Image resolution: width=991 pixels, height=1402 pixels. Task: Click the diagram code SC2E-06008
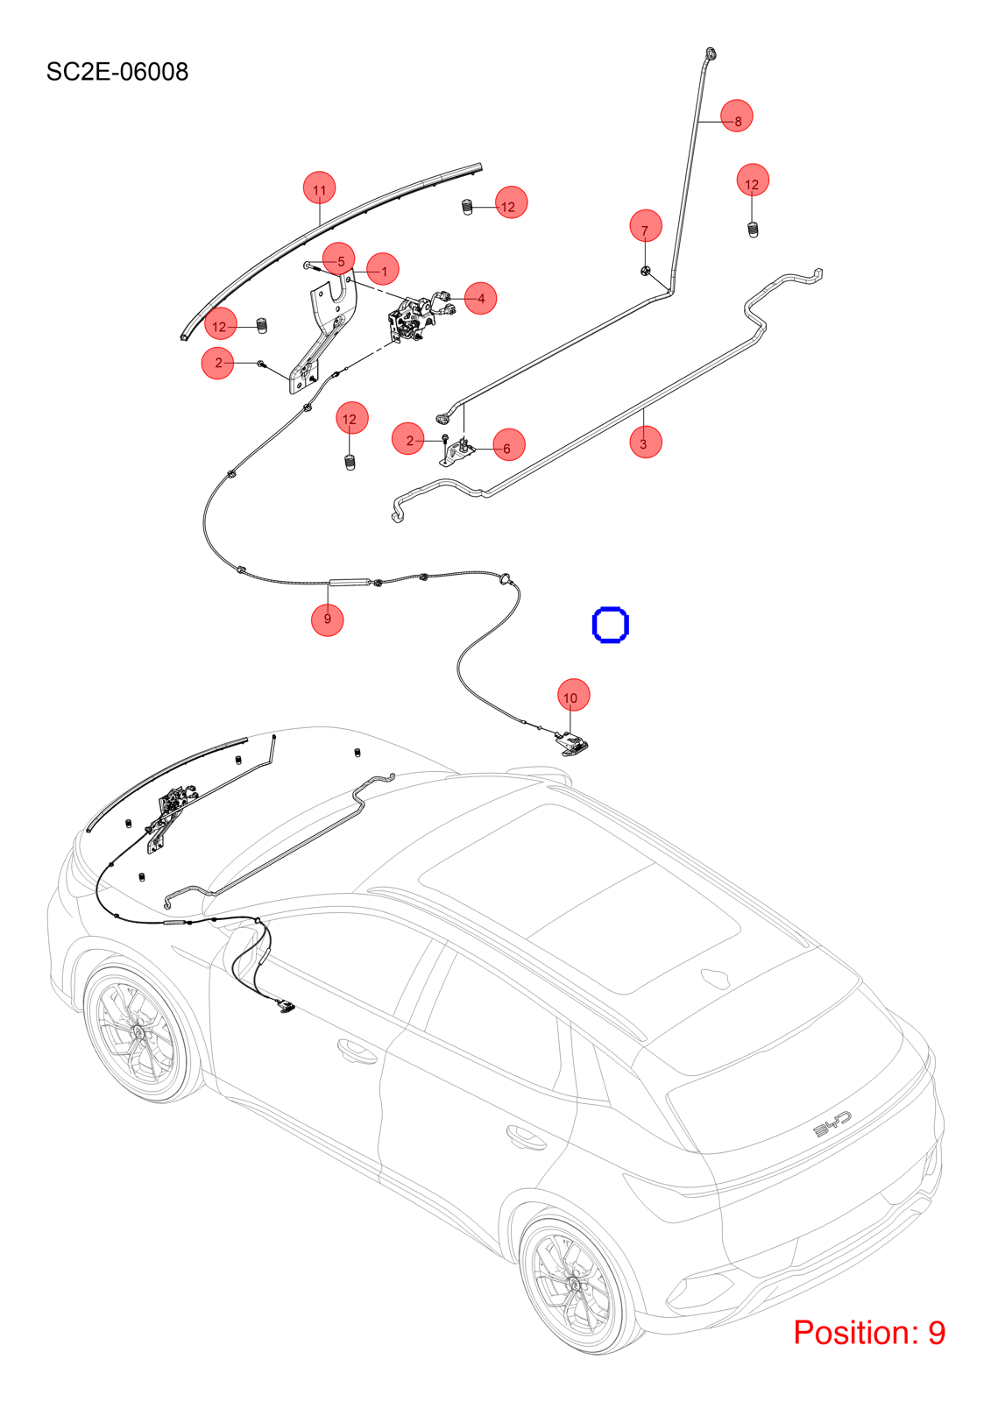[x=117, y=72]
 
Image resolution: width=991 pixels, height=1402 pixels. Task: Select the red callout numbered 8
[x=736, y=116]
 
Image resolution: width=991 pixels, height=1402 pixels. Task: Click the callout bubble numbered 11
[x=319, y=188]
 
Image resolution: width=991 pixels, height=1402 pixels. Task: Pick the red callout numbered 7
[x=646, y=226]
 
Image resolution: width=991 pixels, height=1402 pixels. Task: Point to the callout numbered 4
[x=480, y=298]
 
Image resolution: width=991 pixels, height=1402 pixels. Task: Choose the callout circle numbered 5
[x=339, y=258]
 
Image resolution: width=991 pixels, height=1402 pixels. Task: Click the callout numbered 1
[x=383, y=269]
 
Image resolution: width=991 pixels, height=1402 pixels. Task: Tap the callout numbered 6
[x=508, y=444]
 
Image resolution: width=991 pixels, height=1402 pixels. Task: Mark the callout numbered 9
[x=328, y=620]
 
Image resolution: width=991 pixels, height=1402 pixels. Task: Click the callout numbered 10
[x=573, y=695]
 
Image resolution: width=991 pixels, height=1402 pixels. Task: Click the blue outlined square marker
[x=611, y=624]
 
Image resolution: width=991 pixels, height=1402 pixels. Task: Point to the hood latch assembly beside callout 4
[x=412, y=318]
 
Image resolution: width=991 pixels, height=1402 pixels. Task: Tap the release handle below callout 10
[x=571, y=743]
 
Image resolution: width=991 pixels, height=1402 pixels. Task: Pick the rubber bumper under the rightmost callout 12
[x=754, y=230]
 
